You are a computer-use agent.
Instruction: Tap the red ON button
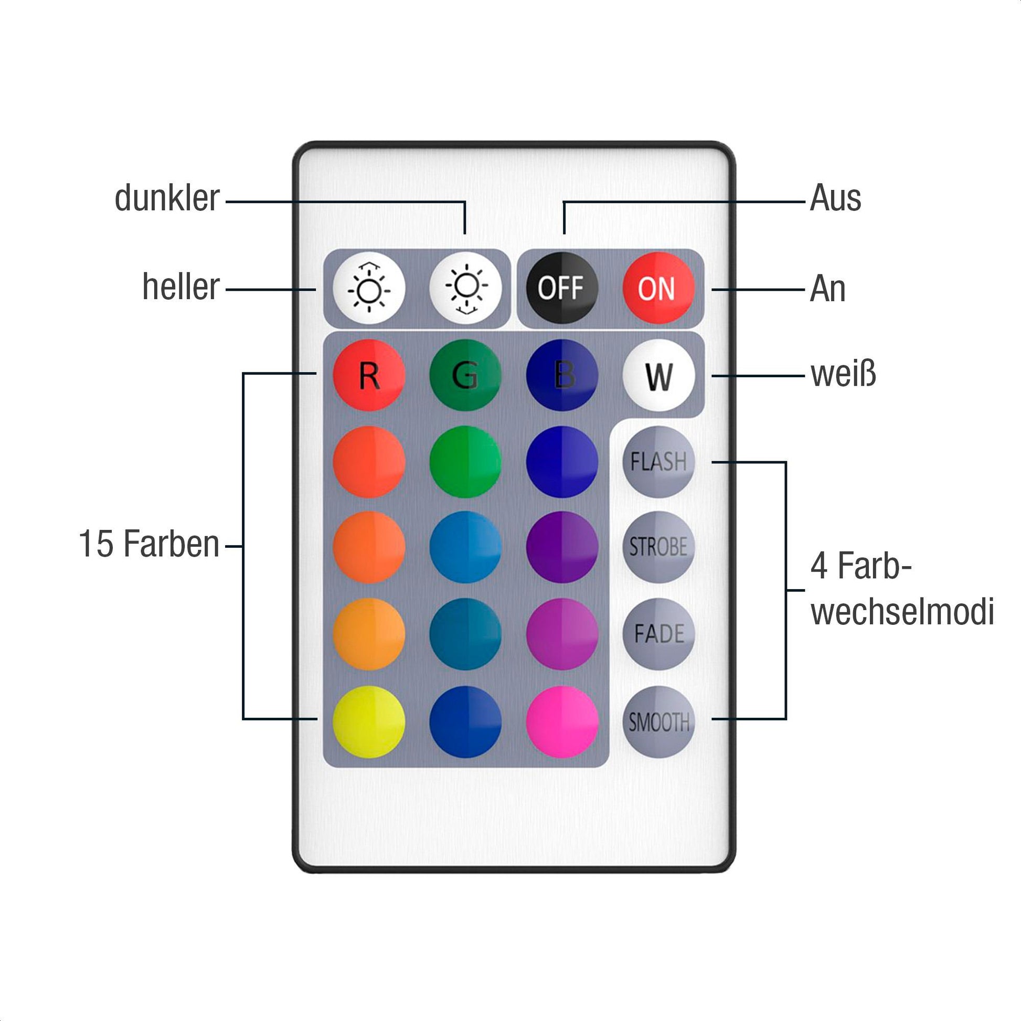[x=657, y=288]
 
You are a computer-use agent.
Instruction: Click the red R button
[x=369, y=375]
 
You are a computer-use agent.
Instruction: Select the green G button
[x=465, y=375]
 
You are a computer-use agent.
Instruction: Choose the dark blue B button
[x=562, y=375]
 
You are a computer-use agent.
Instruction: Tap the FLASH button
[x=658, y=462]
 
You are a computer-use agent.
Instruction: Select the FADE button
[x=658, y=634]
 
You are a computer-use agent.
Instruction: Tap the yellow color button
[x=369, y=721]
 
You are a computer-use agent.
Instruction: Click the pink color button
[x=562, y=721]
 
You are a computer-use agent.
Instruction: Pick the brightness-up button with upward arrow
[x=369, y=288]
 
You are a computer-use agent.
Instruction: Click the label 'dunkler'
[x=166, y=199]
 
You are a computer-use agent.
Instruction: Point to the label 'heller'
[x=180, y=288]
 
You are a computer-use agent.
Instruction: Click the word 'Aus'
[x=835, y=199]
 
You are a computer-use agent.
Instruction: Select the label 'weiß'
[x=843, y=374]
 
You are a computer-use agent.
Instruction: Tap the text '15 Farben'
[x=149, y=544]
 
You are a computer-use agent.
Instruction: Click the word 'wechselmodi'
[x=902, y=612]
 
